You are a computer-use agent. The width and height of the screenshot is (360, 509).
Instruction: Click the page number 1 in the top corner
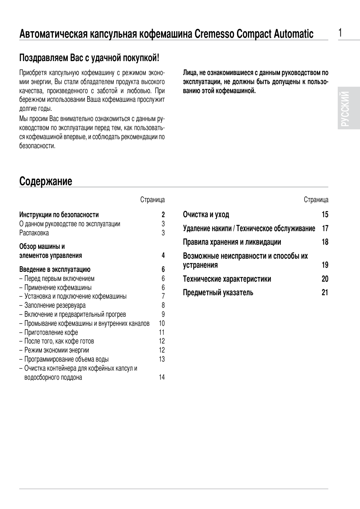pyautogui.click(x=340, y=33)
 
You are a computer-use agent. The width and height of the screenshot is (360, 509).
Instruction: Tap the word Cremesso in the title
pyautogui.click(x=214, y=34)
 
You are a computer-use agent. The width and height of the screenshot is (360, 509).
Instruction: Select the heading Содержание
pyautogui.click(x=46, y=181)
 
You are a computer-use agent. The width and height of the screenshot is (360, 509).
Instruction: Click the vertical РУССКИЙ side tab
pyautogui.click(x=349, y=108)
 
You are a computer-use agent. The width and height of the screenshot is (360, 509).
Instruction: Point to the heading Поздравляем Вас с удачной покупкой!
pyautogui.click(x=89, y=58)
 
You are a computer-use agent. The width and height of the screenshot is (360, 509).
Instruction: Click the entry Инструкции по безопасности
pyautogui.click(x=59, y=215)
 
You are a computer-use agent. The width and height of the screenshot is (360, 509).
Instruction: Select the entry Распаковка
pyautogui.click(x=34, y=233)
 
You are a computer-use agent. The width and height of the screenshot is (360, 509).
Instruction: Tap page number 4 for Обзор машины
pyautogui.click(x=163, y=256)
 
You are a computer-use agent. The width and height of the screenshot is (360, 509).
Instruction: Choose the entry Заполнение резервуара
pyautogui.click(x=55, y=305)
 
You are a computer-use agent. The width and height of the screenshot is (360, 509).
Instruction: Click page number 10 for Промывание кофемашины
pyautogui.click(x=162, y=323)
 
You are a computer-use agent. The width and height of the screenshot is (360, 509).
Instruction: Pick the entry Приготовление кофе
pyautogui.click(x=51, y=333)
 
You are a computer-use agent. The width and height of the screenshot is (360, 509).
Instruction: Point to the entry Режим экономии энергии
pyautogui.click(x=57, y=350)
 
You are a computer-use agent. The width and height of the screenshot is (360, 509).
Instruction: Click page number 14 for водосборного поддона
pyautogui.click(x=162, y=377)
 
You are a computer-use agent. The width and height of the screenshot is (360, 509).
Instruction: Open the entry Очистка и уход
pyautogui.click(x=206, y=215)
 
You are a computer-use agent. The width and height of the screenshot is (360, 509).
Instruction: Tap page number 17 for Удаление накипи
pyautogui.click(x=325, y=228)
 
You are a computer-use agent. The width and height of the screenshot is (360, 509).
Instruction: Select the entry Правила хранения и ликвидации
pyautogui.click(x=232, y=242)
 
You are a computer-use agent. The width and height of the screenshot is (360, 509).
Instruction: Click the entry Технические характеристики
pyautogui.click(x=227, y=279)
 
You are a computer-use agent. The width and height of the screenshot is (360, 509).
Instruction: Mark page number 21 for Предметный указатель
pyautogui.click(x=325, y=293)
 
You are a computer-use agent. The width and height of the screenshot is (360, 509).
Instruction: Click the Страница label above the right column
pyautogui.click(x=316, y=200)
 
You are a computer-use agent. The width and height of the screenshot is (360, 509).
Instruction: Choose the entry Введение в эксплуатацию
pyautogui.click(x=55, y=270)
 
